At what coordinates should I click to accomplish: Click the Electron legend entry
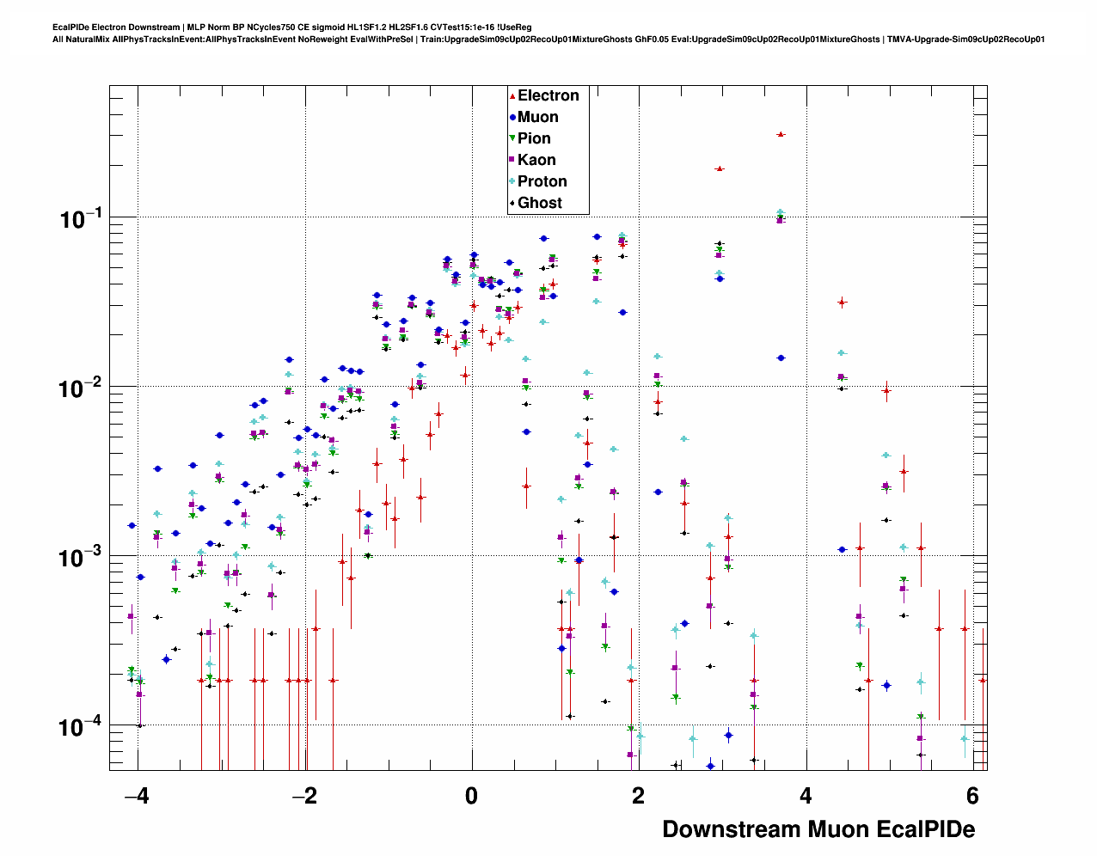click(548, 95)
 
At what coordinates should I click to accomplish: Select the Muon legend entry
click(537, 117)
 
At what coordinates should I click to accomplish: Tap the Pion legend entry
click(534, 138)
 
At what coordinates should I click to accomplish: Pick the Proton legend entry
click(542, 181)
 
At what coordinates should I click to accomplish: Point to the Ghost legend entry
click(539, 203)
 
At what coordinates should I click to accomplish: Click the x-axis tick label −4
click(136, 797)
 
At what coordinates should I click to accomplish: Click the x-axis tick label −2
click(303, 797)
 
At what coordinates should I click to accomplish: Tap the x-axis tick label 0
click(471, 797)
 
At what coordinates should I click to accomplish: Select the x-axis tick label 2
click(638, 797)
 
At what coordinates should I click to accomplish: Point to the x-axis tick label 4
click(806, 797)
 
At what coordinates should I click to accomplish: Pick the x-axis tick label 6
click(972, 797)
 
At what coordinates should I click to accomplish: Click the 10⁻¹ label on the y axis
click(81, 219)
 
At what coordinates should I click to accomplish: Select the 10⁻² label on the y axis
click(81, 388)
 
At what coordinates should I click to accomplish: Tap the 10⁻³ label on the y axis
click(81, 558)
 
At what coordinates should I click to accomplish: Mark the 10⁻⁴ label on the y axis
click(81, 727)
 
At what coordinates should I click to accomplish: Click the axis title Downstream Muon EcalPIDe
click(818, 829)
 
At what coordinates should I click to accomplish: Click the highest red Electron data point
click(780, 134)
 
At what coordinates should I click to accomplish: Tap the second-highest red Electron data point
click(720, 168)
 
